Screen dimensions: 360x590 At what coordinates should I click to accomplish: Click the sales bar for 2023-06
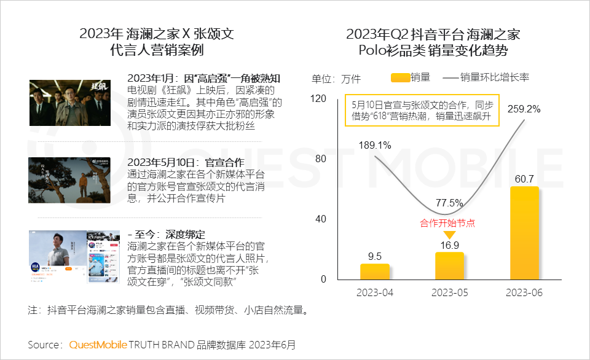[524, 233]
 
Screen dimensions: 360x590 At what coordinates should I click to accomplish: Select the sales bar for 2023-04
[374, 272]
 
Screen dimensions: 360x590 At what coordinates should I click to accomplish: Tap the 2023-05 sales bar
[449, 266]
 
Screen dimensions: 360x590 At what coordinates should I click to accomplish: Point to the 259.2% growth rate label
[525, 109]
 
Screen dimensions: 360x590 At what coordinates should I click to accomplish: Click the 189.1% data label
[374, 145]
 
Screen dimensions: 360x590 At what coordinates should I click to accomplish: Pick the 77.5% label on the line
[449, 202]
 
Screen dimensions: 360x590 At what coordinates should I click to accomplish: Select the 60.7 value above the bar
[524, 179]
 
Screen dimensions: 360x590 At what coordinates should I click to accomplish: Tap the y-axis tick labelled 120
[318, 98]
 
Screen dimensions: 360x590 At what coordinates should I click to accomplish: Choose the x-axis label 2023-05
[449, 292]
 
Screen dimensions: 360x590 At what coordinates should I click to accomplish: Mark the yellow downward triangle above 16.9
[449, 235]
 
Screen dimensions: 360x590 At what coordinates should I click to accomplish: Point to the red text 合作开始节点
[447, 223]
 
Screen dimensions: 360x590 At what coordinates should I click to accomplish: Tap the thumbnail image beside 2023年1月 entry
[69, 103]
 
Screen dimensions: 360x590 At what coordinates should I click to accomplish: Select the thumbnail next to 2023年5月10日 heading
[69, 179]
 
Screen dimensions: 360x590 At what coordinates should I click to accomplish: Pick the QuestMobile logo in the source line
[98, 344]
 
